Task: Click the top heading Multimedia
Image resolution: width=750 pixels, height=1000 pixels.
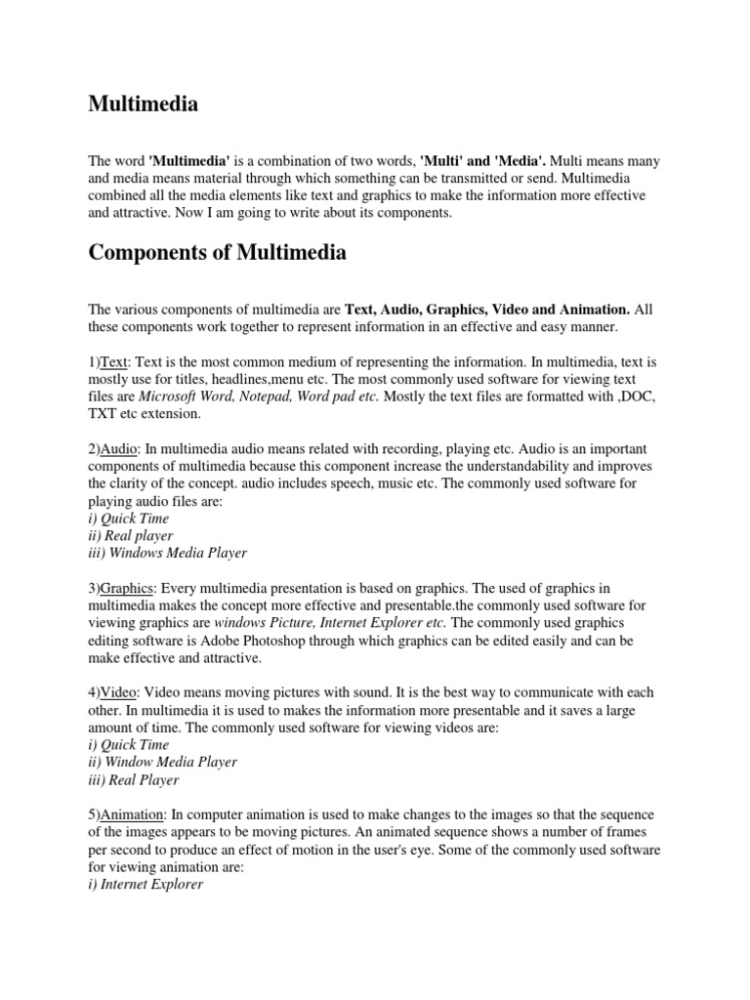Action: click(x=144, y=104)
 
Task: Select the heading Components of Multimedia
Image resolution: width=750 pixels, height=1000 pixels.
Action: click(x=217, y=253)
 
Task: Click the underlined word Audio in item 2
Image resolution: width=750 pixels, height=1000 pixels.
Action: click(x=119, y=447)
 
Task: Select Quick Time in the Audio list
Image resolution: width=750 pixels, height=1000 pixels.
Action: click(x=128, y=519)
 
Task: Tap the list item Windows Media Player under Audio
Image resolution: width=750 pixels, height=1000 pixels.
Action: click(x=167, y=553)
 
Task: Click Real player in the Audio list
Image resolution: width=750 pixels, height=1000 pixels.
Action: click(x=130, y=535)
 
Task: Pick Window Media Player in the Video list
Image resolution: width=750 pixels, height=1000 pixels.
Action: click(x=162, y=762)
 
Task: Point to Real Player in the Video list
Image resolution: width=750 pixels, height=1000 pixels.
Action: click(x=134, y=779)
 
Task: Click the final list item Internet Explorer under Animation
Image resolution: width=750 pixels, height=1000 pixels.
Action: click(x=146, y=885)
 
